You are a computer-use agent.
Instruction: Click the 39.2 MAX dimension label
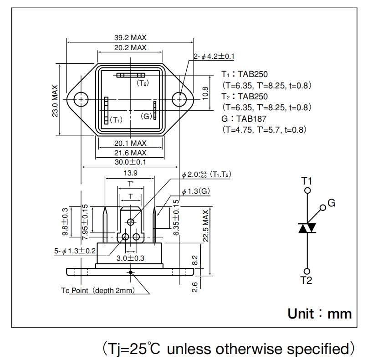pos(130,38)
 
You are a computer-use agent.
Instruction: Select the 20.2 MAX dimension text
pos(130,47)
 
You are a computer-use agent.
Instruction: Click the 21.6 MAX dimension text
pos(130,153)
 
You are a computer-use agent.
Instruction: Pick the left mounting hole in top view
pos(81,99)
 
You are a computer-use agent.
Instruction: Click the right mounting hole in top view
pos(180,99)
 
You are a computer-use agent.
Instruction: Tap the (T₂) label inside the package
pos(143,83)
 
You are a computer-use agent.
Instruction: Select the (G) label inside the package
pos(146,116)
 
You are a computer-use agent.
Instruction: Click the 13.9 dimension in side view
pos(130,173)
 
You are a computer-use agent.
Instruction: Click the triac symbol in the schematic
pos(307,228)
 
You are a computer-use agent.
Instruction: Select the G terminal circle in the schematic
pos(323,208)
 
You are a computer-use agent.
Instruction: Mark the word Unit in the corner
pos(301,314)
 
